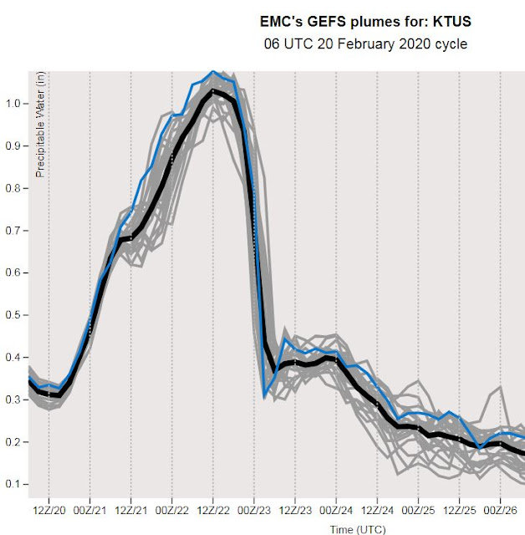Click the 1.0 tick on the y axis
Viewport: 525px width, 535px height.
coord(15,104)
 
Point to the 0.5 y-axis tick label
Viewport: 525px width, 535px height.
coord(15,315)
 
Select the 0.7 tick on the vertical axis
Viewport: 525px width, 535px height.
coord(15,231)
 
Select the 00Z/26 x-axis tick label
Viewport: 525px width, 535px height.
coord(500,509)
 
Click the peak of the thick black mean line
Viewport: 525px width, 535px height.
coord(214,89)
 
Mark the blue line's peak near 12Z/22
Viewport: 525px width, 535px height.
coord(213,72)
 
